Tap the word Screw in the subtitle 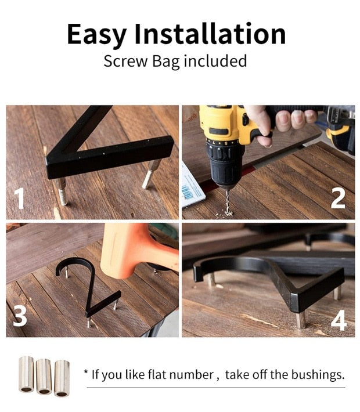point(123,61)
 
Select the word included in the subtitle point(215,61)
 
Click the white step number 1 point(20,198)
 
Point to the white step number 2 point(338,198)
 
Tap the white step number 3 point(20,316)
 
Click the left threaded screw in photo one point(61,191)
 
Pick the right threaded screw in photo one point(150,174)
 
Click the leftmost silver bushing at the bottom point(26,374)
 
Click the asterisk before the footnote point(86,373)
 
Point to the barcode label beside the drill point(193,183)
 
